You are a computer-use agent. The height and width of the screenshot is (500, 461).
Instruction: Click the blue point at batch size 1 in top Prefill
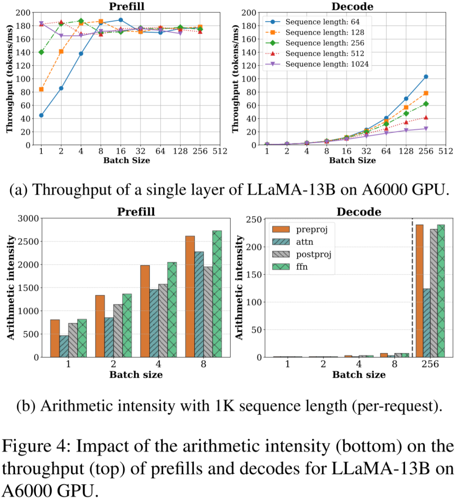41,115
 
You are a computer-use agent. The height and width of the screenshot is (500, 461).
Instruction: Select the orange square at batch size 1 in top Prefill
41,89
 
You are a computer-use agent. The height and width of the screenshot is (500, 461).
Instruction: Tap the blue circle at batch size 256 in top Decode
426,77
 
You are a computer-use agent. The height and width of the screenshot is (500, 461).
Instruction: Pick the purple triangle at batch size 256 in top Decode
426,129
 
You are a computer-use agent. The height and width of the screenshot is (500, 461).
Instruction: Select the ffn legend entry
290,266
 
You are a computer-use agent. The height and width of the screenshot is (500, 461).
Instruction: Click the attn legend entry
293,242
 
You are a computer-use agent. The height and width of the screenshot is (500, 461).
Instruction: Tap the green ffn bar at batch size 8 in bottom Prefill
217,294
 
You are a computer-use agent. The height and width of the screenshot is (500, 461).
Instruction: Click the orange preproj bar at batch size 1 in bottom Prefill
55,338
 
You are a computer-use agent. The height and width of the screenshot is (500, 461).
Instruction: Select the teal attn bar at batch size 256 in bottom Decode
426,323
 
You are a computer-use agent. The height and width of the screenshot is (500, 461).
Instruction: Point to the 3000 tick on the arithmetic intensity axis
28,219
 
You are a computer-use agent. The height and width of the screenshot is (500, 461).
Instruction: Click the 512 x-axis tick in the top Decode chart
446,151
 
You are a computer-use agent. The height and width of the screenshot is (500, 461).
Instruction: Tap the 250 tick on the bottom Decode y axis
254,220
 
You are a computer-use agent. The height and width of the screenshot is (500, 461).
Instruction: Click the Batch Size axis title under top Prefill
127,161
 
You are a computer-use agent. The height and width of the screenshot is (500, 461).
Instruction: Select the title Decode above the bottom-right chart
359,212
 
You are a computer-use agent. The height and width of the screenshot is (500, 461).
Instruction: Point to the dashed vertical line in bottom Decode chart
412,288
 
